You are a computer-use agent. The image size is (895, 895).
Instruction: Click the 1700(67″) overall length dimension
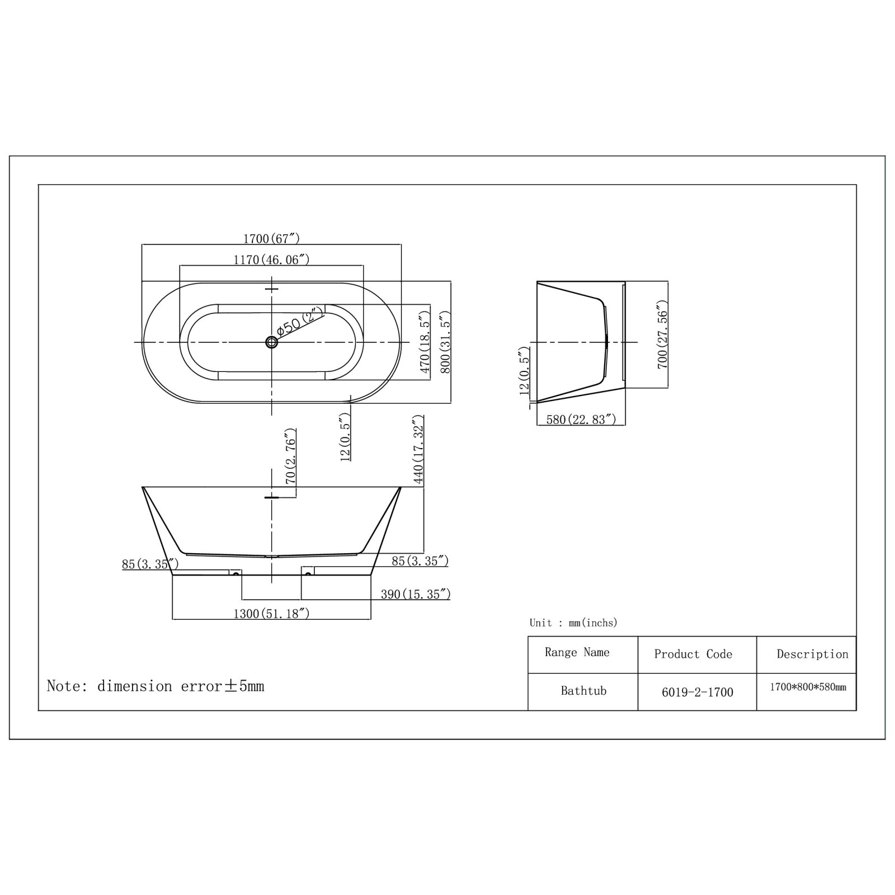point(271,239)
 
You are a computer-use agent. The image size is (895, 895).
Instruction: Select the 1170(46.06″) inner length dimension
point(271,260)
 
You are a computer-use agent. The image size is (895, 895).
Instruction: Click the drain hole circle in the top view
point(272,342)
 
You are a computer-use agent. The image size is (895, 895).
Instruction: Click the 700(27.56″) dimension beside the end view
point(663,335)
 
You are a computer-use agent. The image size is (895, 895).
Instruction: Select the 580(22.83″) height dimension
point(581,420)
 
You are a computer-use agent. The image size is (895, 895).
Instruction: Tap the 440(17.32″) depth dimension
point(418,450)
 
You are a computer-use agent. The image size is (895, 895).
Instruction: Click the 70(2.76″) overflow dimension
point(290,456)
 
